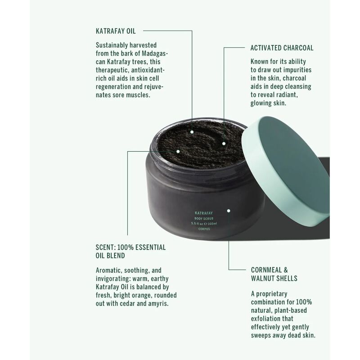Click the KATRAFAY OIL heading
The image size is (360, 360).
point(116,31)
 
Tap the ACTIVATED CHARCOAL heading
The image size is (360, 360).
point(282,48)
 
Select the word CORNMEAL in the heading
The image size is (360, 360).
point(266,270)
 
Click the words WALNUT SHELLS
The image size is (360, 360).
point(274,278)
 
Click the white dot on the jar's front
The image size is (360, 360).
point(229,211)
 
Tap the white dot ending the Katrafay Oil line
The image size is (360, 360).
point(192,132)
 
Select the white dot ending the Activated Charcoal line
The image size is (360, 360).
point(224,144)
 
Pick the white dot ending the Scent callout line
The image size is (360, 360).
point(178,152)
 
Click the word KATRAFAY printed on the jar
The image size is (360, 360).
point(204,213)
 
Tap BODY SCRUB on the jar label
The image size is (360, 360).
point(204,219)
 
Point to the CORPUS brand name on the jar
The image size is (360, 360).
point(204,229)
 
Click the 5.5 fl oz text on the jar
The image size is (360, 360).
point(197,224)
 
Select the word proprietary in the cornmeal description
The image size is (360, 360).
point(272,294)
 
